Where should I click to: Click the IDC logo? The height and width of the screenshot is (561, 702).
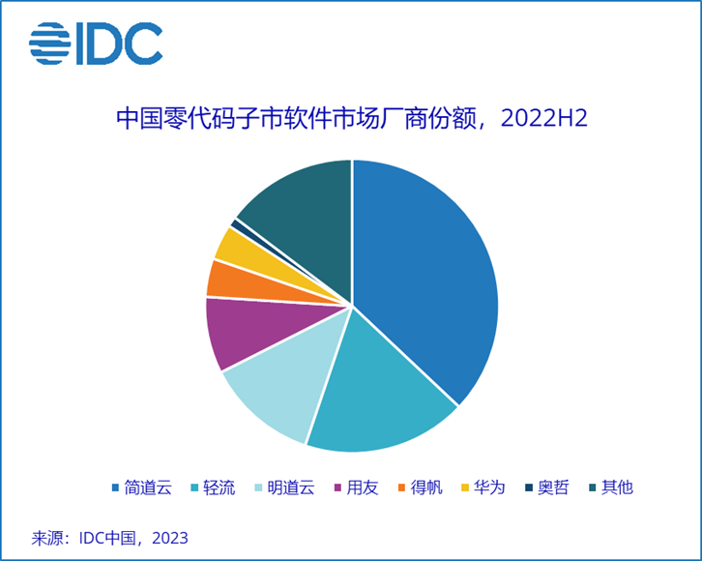(95, 44)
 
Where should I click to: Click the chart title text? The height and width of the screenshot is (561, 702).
(352, 119)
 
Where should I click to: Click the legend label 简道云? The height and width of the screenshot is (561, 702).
(148, 487)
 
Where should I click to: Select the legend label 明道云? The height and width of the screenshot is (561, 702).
(291, 487)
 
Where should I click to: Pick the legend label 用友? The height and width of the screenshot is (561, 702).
(363, 487)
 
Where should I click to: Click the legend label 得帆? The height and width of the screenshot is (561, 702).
(426, 487)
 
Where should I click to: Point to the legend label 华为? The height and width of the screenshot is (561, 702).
(490, 487)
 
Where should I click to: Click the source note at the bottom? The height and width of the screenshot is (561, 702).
(109, 537)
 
